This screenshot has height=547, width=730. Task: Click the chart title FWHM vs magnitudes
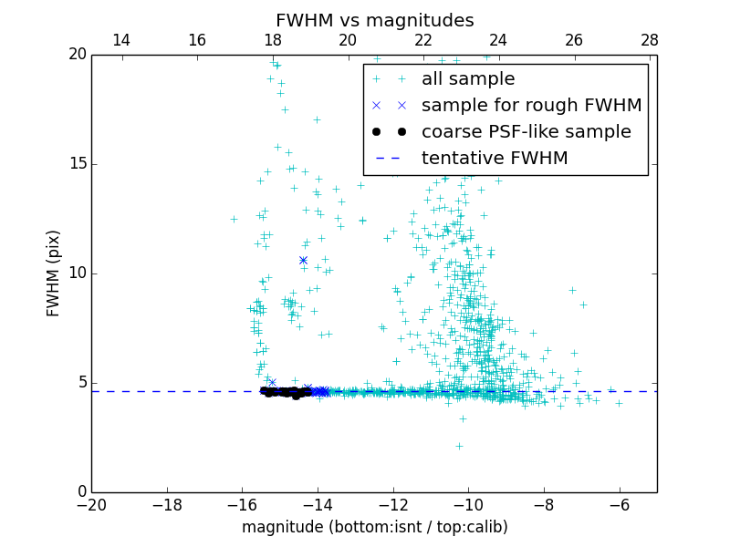tap(374, 20)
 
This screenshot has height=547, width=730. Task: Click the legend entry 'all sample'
tap(468, 79)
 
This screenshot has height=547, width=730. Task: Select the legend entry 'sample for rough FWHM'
tap(531, 106)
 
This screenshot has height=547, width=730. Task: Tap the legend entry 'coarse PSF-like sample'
tap(526, 132)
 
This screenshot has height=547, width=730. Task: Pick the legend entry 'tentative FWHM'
tap(495, 159)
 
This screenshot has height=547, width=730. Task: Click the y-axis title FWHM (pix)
tap(54, 273)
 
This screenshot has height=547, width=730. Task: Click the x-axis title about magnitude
tap(374, 527)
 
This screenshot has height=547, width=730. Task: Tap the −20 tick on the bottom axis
tap(91, 504)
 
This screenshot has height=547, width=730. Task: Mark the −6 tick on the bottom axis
tap(619, 504)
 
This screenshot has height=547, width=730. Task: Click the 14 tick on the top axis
tap(121, 40)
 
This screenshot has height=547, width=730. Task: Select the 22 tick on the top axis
tap(423, 40)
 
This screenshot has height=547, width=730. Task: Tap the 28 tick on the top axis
tap(650, 40)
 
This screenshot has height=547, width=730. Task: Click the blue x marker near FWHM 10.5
tap(303, 261)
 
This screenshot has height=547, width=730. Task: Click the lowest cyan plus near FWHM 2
tap(459, 446)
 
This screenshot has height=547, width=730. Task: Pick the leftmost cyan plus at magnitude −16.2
tap(234, 219)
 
